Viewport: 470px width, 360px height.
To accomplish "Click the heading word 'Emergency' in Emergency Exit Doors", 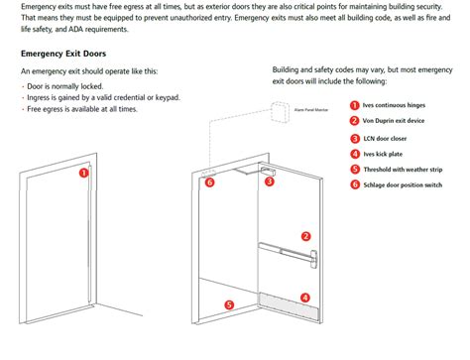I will [46, 53].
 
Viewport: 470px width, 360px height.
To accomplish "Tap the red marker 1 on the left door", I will [84, 171].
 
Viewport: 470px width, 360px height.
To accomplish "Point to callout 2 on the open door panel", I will [305, 236].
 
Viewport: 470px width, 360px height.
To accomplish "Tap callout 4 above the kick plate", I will [305, 296].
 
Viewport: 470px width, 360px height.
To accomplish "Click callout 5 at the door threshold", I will [229, 305].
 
